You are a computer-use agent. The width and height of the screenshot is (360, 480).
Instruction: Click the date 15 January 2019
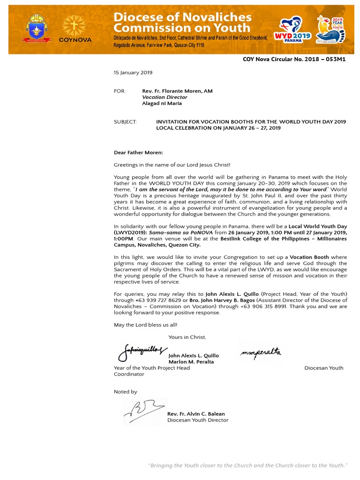click(133, 73)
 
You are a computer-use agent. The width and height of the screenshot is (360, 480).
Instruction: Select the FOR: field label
click(120, 91)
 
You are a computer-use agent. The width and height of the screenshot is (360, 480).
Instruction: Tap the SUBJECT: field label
click(126, 122)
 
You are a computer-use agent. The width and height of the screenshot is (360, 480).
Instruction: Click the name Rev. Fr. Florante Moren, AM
click(177, 91)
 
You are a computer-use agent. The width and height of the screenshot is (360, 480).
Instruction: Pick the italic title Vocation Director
click(165, 97)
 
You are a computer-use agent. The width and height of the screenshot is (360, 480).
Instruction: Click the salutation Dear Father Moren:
click(138, 152)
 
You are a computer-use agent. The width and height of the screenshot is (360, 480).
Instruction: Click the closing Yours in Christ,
click(187, 337)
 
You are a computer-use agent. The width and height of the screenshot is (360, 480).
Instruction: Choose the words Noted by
click(126, 392)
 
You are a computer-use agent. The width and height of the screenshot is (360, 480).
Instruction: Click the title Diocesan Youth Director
click(198, 420)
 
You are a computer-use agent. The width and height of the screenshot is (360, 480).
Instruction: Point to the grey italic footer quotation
click(247, 465)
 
